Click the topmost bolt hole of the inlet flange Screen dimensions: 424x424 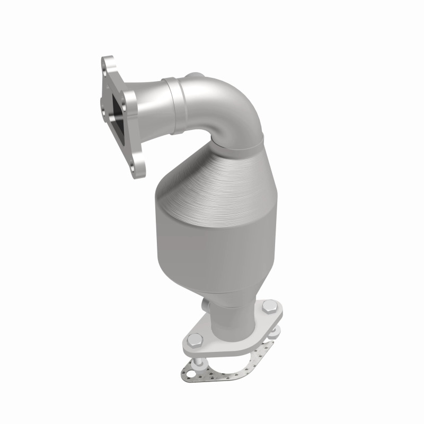[109, 65]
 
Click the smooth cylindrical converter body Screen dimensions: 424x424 [212, 238]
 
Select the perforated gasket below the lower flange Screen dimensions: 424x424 [233, 366]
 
